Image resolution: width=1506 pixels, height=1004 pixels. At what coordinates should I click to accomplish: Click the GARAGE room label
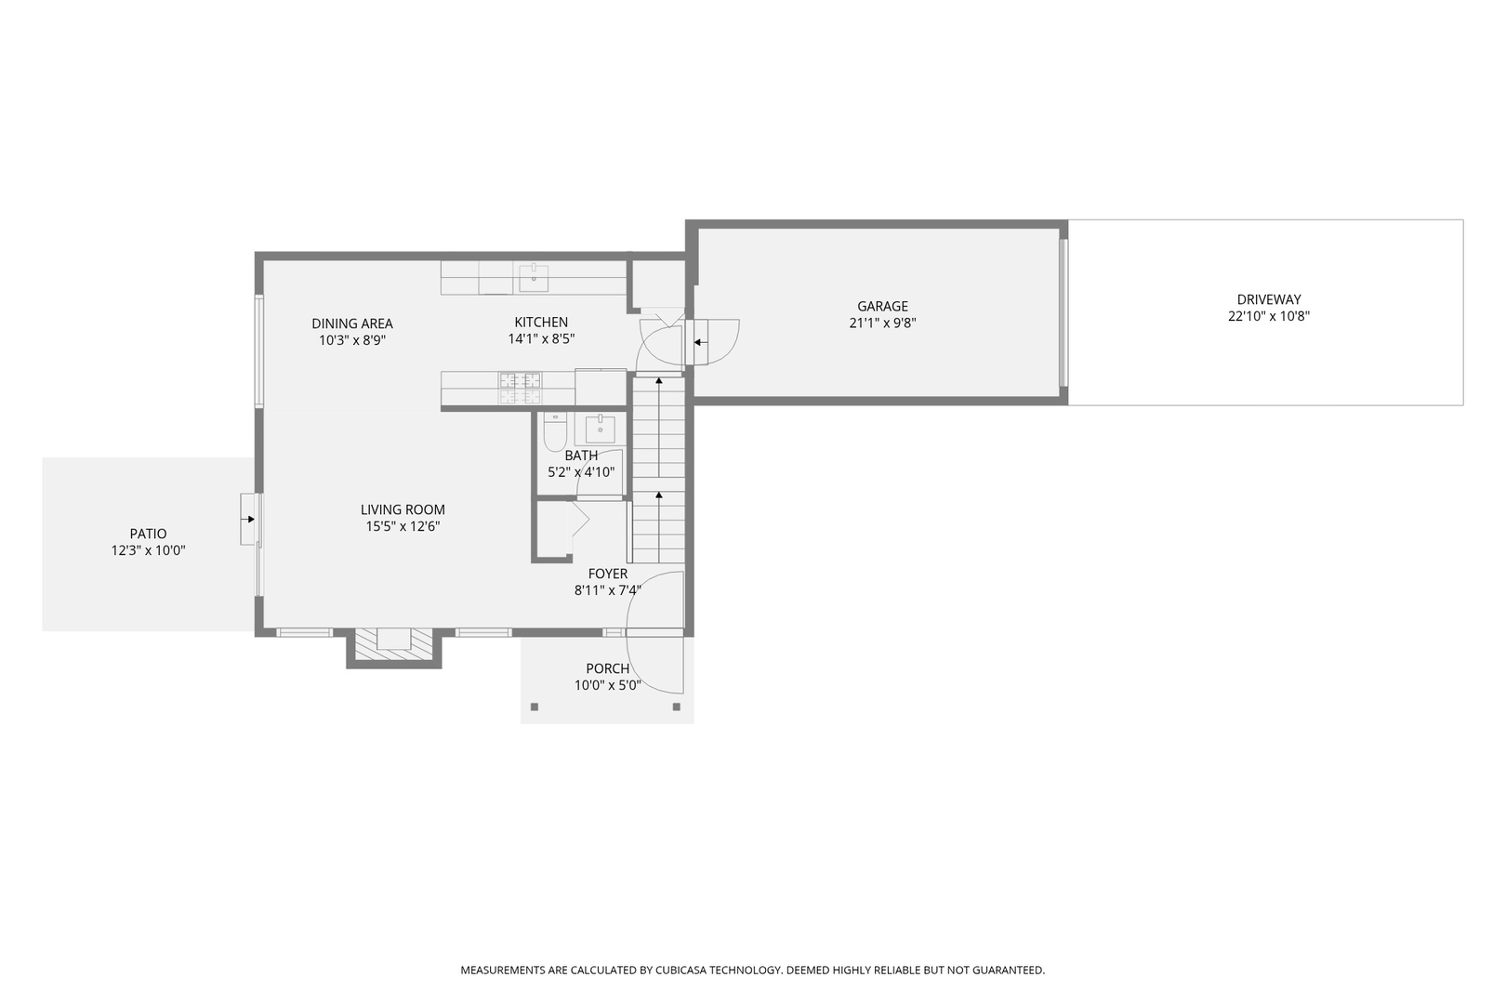pos(882,306)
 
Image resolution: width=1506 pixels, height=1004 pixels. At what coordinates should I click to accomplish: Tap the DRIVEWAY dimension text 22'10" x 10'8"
pos(1268,316)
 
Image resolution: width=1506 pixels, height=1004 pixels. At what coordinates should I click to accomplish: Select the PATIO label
pos(148,534)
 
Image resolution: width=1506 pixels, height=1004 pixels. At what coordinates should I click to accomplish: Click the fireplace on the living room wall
pos(394,641)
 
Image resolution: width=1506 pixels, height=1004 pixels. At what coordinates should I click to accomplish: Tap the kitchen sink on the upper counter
pos(534,276)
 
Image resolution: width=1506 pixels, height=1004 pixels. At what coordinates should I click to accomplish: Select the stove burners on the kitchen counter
pos(520,387)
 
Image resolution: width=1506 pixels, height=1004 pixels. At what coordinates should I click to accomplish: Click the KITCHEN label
pos(541,323)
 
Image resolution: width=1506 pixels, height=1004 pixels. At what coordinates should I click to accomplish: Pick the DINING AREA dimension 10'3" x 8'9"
pos(352,340)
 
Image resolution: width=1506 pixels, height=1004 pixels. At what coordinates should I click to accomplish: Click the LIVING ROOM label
pos(403,509)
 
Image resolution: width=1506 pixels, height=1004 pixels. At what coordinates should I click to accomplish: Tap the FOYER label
pos(608,574)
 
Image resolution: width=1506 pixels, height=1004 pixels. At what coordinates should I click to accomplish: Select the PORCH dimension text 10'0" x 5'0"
pos(608,686)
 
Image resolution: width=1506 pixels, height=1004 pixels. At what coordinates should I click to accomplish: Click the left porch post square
pos(535,707)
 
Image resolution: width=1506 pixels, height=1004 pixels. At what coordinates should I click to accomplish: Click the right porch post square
pos(677,707)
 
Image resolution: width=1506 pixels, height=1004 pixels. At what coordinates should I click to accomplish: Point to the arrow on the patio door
pos(249,520)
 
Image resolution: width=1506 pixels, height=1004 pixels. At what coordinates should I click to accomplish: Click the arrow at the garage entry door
pos(698,343)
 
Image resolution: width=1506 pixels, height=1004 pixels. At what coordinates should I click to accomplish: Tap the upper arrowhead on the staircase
pos(659,380)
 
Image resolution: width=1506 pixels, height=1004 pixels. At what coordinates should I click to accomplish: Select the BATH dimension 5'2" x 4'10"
pos(581,472)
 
